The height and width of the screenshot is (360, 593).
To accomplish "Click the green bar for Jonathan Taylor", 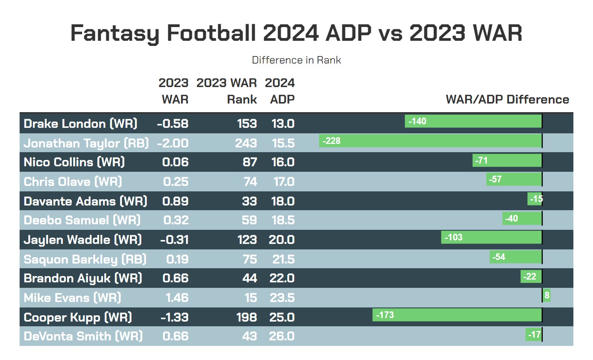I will click(x=430, y=141).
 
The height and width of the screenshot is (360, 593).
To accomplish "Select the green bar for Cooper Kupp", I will click(x=457, y=315).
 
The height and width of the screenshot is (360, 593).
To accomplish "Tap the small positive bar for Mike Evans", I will click(x=546, y=295).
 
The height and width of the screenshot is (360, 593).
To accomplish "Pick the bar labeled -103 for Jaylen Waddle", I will click(x=491, y=237).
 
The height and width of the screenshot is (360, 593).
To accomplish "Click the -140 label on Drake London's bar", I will click(x=417, y=121).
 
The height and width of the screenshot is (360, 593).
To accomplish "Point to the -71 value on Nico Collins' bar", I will click(x=481, y=160).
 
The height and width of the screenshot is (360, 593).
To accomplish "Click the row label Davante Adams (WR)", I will click(x=85, y=201).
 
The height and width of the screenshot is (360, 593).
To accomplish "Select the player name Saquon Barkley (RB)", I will click(x=85, y=259).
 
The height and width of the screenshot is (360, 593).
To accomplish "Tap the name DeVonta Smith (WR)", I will click(x=83, y=336).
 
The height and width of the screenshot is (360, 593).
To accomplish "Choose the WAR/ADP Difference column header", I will click(x=507, y=100).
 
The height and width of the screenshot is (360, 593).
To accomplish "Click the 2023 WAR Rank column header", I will click(x=227, y=91).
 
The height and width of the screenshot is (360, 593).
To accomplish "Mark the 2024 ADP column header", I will click(x=280, y=91).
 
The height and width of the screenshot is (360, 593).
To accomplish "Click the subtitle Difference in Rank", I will click(x=296, y=60).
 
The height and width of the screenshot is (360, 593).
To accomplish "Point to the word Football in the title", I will click(x=211, y=33).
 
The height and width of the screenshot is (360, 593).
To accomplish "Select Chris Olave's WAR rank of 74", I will click(x=250, y=182).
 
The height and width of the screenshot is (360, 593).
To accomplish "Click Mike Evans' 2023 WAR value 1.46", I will click(x=177, y=298).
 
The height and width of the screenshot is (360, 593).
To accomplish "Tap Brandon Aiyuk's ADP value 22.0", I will click(x=282, y=278).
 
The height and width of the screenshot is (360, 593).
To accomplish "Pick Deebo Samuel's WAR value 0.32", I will click(x=176, y=220).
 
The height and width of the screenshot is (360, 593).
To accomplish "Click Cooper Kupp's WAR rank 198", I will click(x=246, y=317).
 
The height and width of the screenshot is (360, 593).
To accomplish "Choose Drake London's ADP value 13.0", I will click(x=283, y=124).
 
